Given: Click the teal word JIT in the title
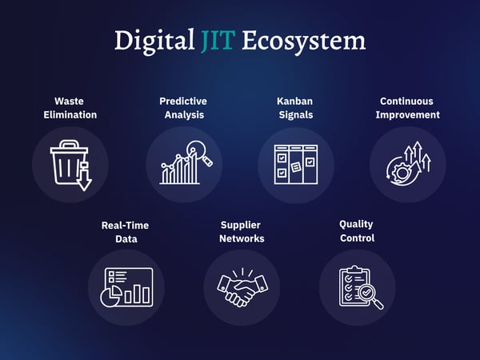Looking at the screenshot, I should tap(218, 40).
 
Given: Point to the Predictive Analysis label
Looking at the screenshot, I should tap(183, 108).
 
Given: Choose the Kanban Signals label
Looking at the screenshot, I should tap(294, 108).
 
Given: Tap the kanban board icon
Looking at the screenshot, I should tap(294, 164).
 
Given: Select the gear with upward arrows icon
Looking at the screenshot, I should tap(407, 164).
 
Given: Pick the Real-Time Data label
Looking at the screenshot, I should tap(125, 232).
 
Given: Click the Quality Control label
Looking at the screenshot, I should tap(357, 231).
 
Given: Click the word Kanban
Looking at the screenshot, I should tap(294, 102).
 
